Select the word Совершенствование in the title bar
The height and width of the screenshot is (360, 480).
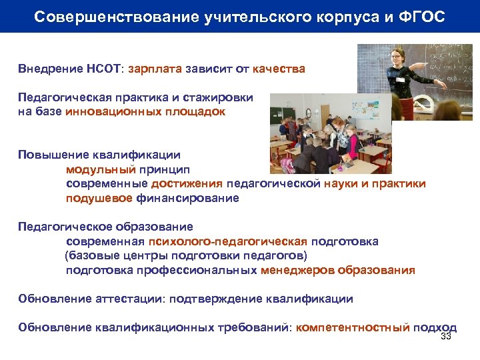pyautogui.click(x=99, y=16)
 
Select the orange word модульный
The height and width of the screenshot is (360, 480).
pyautogui.click(x=101, y=169)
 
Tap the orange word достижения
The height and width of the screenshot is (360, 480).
pyautogui.click(x=187, y=183)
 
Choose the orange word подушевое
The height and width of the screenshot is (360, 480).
pyautogui.click(x=99, y=198)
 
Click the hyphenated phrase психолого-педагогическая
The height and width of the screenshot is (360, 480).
pyautogui.click(x=228, y=241)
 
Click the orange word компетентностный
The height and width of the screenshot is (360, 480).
pyautogui.click(x=353, y=327)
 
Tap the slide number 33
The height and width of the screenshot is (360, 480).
pyautogui.click(x=446, y=337)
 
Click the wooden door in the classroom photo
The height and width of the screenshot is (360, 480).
pyautogui.click(x=325, y=117)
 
